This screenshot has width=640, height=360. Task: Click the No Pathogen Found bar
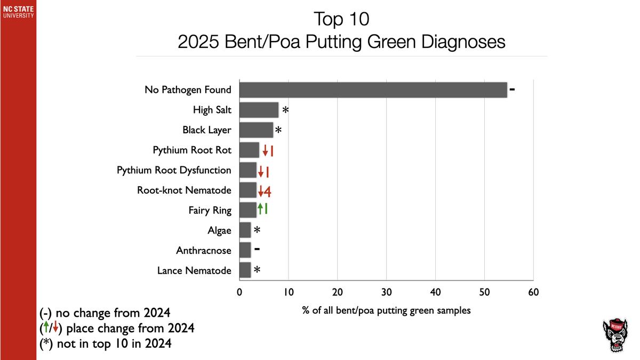point(373,90)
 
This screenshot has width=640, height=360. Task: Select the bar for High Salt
point(259,110)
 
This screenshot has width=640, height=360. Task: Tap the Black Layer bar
point(256,130)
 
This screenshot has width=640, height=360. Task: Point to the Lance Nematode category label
point(194,270)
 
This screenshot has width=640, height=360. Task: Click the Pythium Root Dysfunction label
point(174,170)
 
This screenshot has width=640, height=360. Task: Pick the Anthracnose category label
point(204,251)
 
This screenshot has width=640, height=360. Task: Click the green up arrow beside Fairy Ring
point(260,210)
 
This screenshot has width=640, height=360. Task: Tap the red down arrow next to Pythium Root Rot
point(265,151)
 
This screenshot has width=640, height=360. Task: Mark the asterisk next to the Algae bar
point(257,230)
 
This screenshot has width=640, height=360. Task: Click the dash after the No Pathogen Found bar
point(512,89)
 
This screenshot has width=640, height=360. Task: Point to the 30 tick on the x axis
point(386,292)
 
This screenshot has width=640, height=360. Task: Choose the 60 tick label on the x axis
point(533,292)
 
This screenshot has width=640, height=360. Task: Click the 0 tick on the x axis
point(239,292)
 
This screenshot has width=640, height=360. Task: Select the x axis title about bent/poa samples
point(386,310)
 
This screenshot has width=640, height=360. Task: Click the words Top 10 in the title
point(341,20)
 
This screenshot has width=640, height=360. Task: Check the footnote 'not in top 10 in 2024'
point(106,344)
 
